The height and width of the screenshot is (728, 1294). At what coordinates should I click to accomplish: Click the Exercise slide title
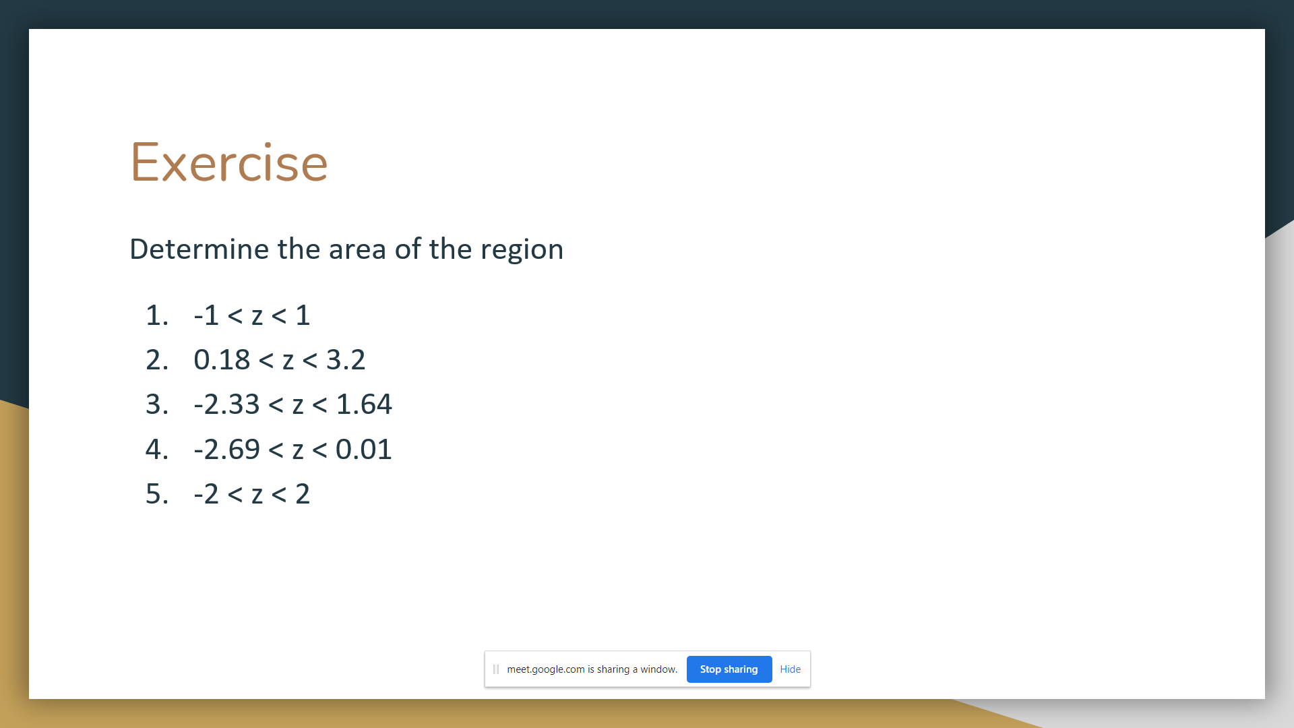[229, 162]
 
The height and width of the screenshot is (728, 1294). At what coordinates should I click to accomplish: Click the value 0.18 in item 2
[222, 360]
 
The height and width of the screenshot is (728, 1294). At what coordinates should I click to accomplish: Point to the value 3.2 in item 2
[346, 360]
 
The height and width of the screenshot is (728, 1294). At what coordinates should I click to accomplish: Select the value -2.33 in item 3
[226, 404]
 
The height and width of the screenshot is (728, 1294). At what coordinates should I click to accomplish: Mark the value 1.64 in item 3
[364, 404]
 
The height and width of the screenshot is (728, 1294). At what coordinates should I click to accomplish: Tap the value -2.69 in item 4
[226, 450]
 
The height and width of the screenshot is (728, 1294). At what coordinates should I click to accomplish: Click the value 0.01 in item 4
[364, 450]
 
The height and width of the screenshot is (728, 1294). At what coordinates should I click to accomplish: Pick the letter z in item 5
[257, 495]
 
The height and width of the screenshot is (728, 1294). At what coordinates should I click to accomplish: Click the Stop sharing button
[729, 669]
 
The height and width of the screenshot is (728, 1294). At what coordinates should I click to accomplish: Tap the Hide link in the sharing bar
[790, 669]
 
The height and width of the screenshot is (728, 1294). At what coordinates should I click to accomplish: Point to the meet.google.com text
[546, 669]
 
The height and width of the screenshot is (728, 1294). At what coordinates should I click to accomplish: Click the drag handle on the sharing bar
[496, 669]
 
